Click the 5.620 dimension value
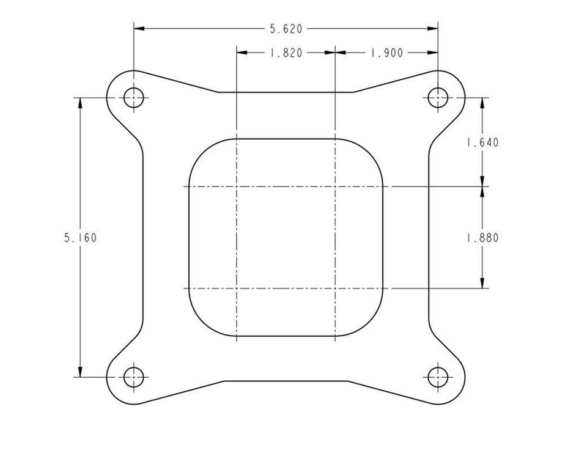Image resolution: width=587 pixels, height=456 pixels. (x=286, y=29)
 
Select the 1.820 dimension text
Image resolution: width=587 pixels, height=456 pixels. (x=286, y=53)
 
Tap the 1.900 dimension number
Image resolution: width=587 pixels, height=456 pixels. (x=386, y=53)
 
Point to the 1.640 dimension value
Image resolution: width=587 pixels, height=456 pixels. (x=482, y=142)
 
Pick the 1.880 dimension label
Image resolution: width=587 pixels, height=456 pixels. (x=482, y=238)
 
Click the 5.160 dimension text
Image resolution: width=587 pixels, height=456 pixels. (x=80, y=238)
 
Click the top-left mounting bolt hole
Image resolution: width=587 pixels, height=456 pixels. (x=134, y=98)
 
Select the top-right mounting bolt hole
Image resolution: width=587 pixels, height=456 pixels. (x=438, y=98)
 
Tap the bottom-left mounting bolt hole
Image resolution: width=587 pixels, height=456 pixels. (x=134, y=377)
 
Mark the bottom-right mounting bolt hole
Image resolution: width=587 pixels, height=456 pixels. (x=438, y=377)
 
